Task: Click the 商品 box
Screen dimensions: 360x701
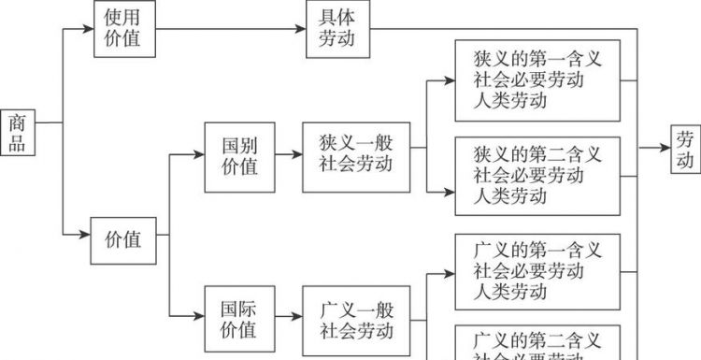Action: (18, 133)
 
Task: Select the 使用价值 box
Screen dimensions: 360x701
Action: (124, 29)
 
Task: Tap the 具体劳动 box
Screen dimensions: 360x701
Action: (337, 29)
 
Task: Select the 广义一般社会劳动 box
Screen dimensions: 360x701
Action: (355, 318)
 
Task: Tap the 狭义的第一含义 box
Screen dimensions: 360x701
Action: (537, 80)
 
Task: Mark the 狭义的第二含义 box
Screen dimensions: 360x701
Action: (537, 175)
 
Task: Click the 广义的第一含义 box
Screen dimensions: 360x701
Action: (537, 271)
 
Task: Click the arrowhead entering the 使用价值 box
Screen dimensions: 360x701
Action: (89, 29)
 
